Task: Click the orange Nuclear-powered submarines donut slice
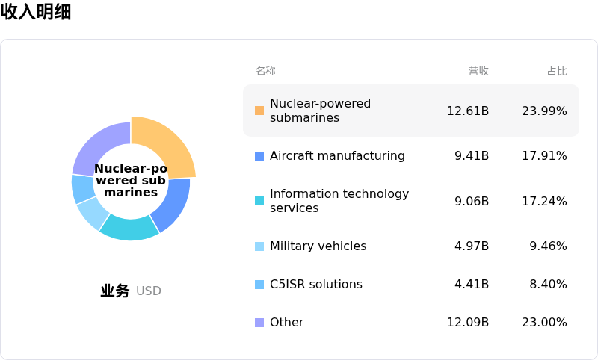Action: click(167, 143)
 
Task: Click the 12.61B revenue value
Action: click(468, 111)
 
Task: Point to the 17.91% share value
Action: click(544, 156)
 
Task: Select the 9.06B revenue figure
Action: click(472, 201)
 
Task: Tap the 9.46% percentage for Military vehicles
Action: click(548, 246)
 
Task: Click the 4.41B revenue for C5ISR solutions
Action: click(472, 284)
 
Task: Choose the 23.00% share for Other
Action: click(544, 323)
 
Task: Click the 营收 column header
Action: click(478, 71)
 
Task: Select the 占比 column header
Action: click(557, 71)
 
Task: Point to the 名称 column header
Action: click(265, 71)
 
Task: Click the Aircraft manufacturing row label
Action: click(337, 156)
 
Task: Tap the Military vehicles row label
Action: click(318, 246)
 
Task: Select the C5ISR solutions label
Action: click(315, 284)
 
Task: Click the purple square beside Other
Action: click(259, 323)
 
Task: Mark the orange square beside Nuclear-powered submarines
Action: click(259, 111)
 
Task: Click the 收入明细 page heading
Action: click(36, 11)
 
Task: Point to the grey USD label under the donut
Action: click(148, 291)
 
